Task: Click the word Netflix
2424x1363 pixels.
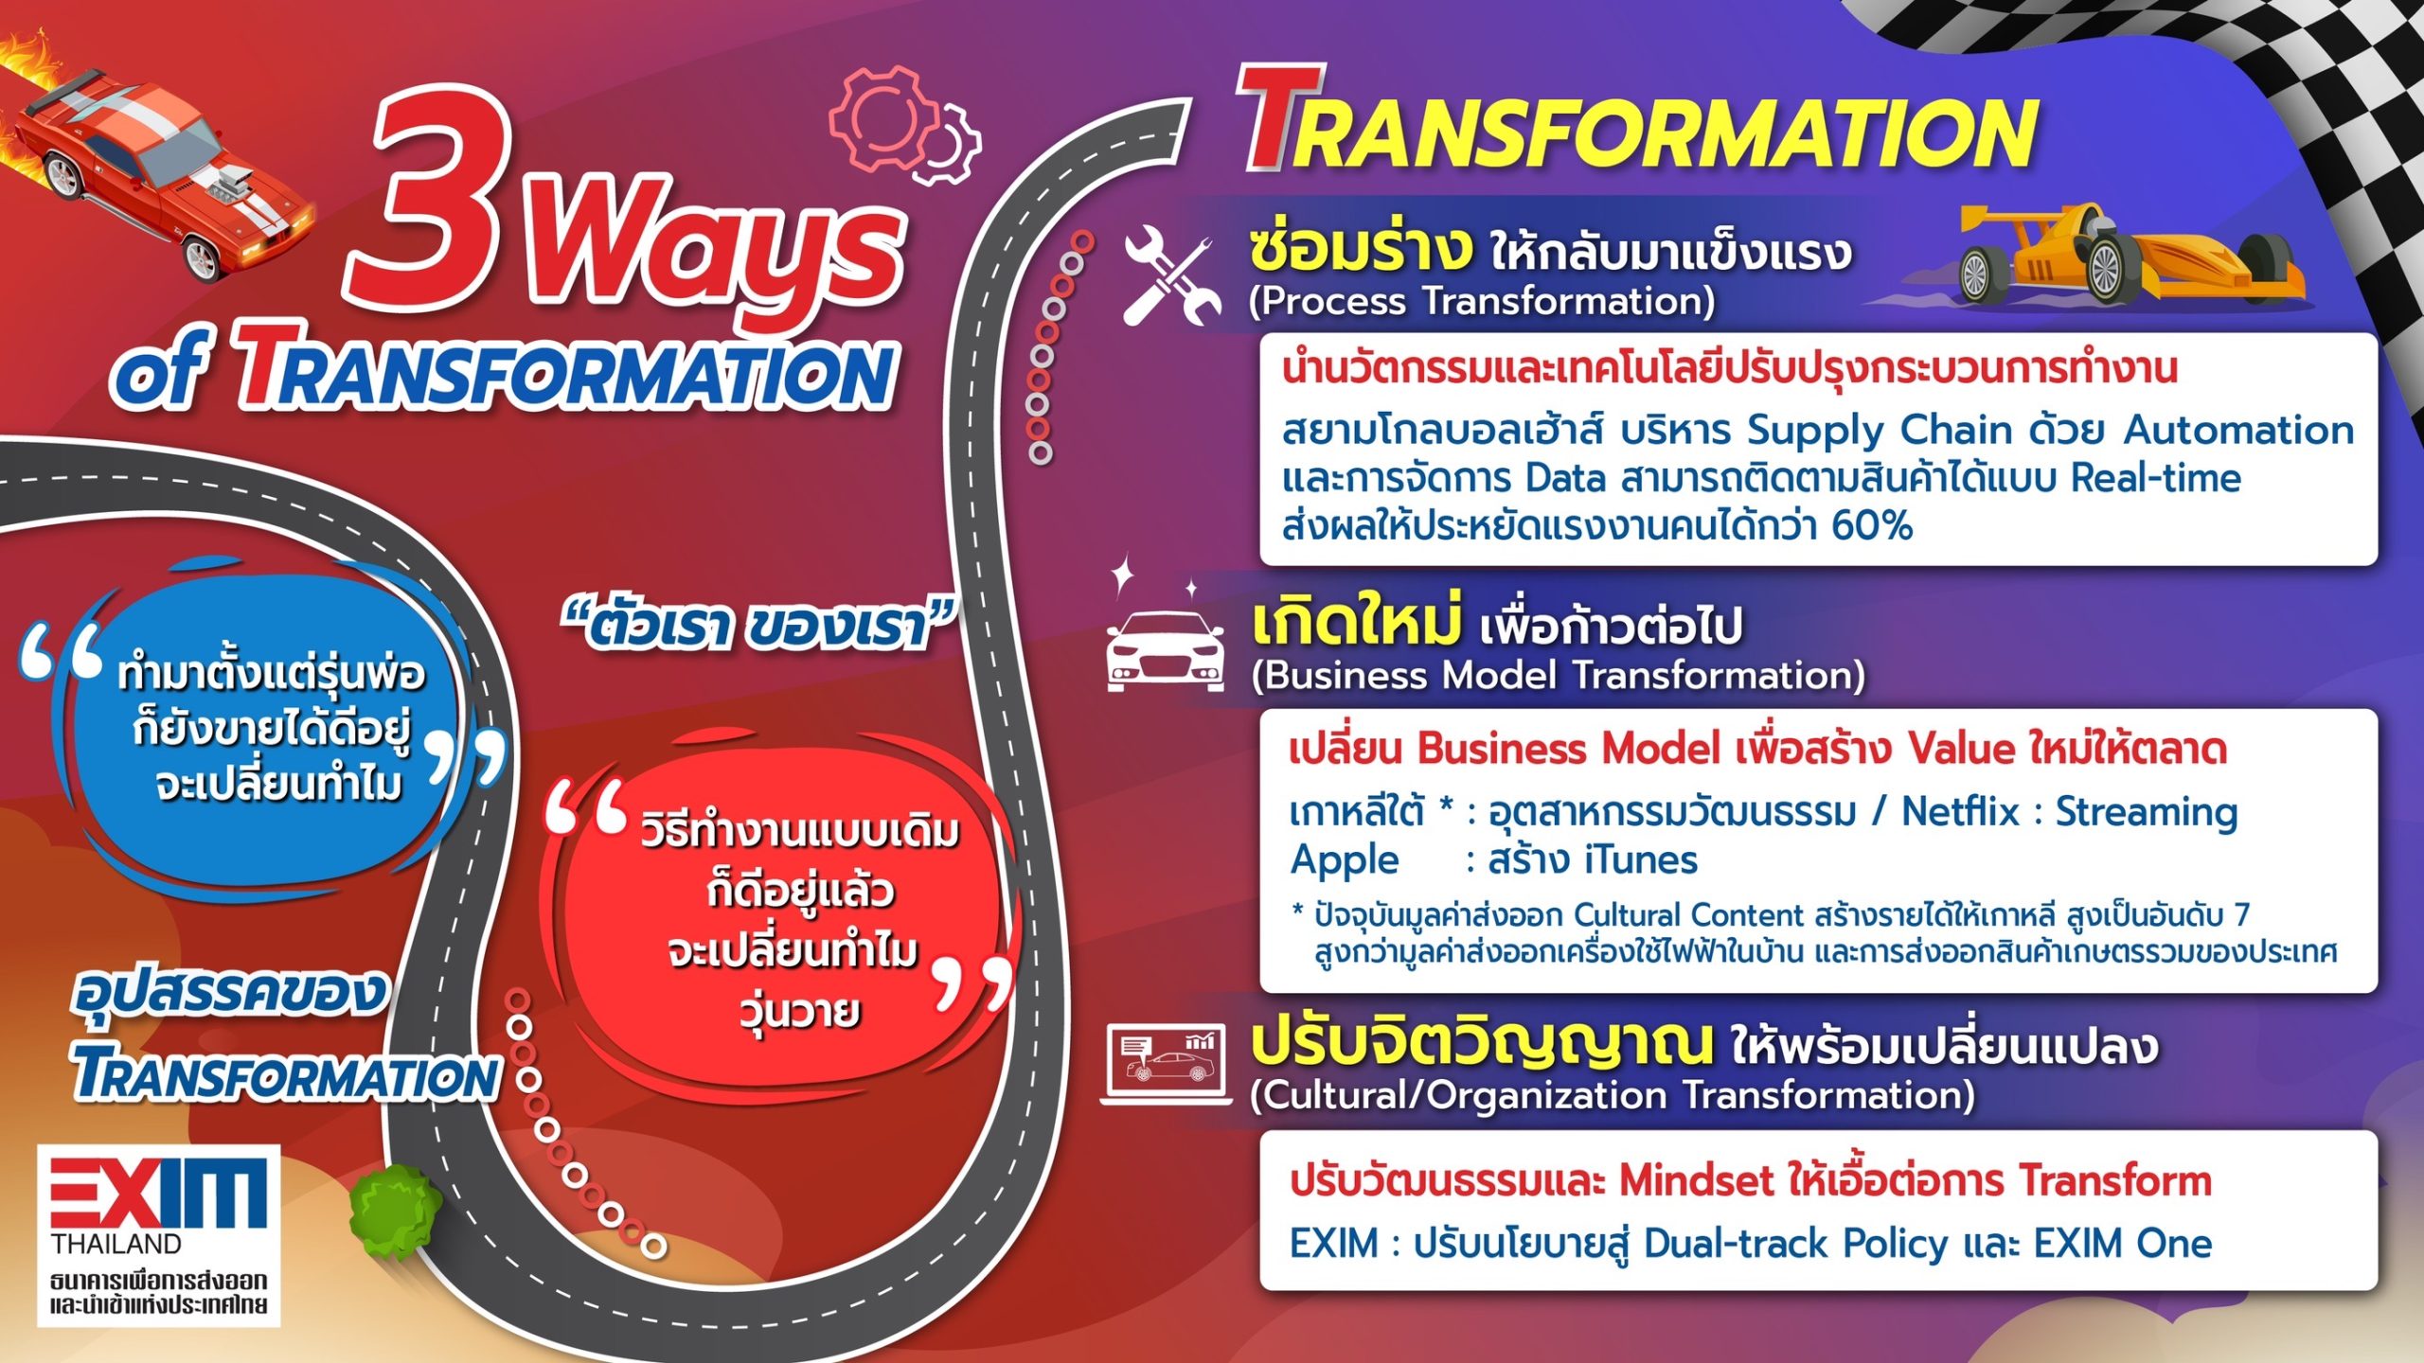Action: point(1961,812)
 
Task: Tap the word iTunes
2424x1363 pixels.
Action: point(1641,860)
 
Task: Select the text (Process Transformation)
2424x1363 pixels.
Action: point(1482,302)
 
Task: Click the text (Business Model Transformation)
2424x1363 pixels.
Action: point(1558,676)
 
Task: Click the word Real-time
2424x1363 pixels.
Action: point(2156,478)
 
